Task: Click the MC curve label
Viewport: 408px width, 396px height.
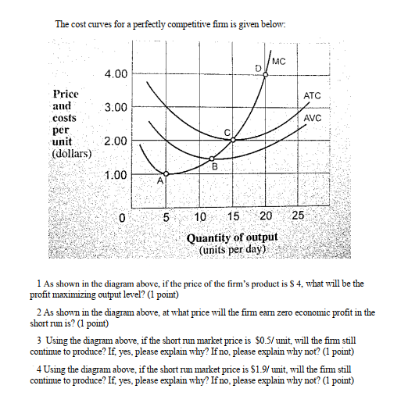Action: [x=280, y=61]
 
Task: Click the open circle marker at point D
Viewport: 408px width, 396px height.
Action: [x=266, y=75]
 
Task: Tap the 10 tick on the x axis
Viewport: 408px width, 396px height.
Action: [x=199, y=216]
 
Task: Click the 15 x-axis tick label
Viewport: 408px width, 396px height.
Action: [x=233, y=216]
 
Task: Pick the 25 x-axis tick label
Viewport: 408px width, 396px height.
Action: [x=299, y=216]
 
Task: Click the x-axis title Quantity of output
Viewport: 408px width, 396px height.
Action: [x=232, y=237]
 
